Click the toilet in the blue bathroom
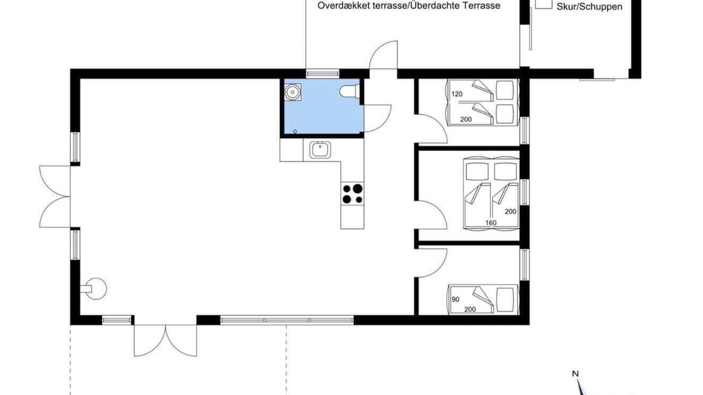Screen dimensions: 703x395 coord(349,92)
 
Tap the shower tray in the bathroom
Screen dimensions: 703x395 coord(293,92)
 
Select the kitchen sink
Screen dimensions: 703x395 coord(320,150)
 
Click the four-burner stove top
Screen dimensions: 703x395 coord(353,194)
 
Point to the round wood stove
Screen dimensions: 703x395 coord(94,289)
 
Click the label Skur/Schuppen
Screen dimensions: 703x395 coord(589,7)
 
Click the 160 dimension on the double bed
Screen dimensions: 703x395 coord(491,223)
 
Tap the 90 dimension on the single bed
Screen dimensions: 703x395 coord(455,300)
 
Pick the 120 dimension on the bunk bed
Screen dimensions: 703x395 coord(457,94)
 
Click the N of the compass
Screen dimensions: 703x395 coord(575,374)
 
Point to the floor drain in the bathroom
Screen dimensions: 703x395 coord(295,131)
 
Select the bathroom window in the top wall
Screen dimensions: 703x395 coord(322,74)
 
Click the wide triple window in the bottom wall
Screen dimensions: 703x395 coord(287,320)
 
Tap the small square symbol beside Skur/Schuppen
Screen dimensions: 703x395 coord(544,4)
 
